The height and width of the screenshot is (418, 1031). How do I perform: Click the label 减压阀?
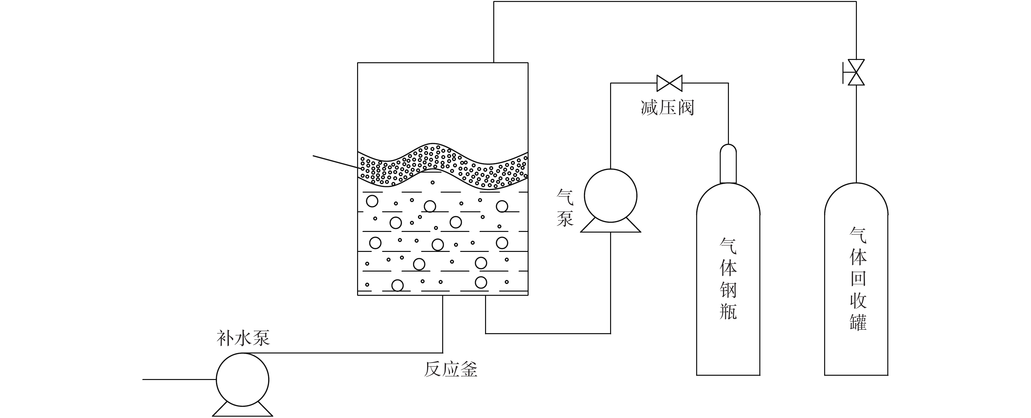(x=667, y=107)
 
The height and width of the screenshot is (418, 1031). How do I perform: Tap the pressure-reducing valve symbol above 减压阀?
(x=669, y=83)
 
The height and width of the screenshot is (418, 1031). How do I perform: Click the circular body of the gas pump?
(x=610, y=196)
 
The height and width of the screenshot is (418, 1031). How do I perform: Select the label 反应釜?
(x=451, y=369)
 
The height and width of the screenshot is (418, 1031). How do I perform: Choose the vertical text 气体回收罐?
(x=858, y=279)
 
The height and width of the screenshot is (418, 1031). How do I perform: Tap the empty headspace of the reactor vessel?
(x=443, y=104)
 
